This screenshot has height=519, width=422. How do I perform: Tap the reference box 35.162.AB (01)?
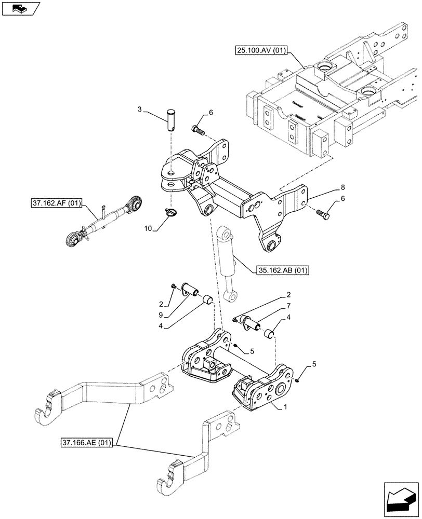282,270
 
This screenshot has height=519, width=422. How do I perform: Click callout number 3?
140,109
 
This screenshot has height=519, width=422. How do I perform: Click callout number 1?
285,409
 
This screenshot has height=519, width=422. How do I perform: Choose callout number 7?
288,306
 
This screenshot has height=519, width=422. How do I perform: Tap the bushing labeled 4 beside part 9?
207,299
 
